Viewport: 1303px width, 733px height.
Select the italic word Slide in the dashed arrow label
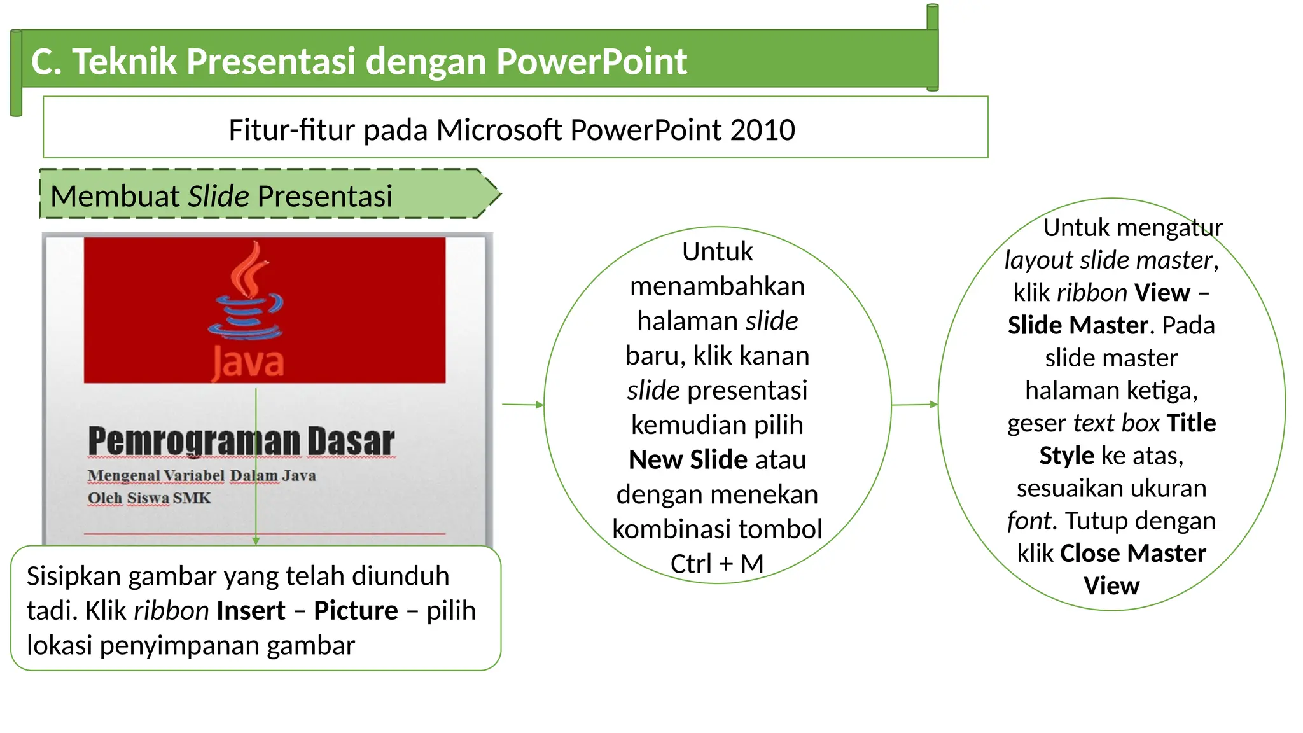(x=218, y=196)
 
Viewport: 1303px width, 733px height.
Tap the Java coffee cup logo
(x=246, y=293)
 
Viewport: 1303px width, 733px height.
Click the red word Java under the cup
(x=248, y=363)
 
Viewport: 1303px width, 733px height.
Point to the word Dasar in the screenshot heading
(x=351, y=441)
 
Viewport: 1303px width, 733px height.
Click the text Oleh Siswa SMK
(x=149, y=498)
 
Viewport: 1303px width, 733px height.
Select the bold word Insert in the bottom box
(x=251, y=611)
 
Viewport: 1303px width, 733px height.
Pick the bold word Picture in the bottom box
(x=356, y=611)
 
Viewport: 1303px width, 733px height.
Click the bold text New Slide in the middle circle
(x=688, y=459)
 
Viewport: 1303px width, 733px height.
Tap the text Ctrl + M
(x=717, y=564)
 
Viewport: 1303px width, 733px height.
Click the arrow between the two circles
(x=914, y=405)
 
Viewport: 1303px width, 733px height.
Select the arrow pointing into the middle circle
(x=522, y=404)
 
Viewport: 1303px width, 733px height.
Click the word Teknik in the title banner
(x=124, y=62)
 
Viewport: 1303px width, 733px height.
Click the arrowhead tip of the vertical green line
(x=256, y=541)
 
